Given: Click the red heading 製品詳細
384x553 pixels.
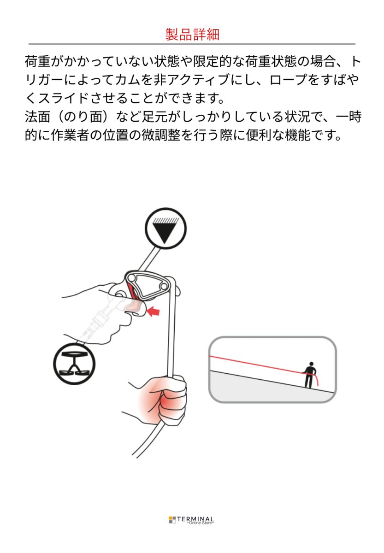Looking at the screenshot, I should (x=192, y=34).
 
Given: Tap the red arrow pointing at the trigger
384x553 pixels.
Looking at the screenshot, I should (x=153, y=312).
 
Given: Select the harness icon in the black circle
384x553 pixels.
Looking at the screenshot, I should (x=74, y=365).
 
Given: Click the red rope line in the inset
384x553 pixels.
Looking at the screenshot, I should (x=258, y=364).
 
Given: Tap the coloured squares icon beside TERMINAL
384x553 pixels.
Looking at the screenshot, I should (x=172, y=520).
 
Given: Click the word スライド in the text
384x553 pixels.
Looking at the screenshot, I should (x=66, y=98).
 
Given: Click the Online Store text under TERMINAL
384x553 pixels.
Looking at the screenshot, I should (x=200, y=523).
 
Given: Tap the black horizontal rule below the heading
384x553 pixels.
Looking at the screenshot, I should (x=192, y=44).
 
